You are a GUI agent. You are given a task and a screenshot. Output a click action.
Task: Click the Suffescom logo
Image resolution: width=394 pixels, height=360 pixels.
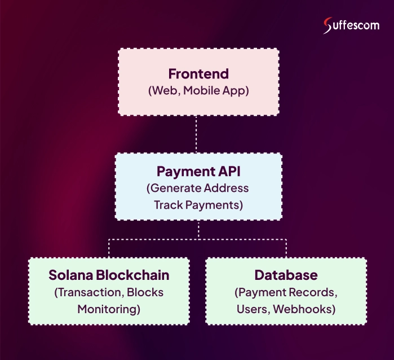pos(351,25)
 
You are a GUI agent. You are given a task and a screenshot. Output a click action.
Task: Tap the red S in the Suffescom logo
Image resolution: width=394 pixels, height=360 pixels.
pos(328,26)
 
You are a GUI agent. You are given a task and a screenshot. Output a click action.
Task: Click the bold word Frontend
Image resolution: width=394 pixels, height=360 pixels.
pos(198,74)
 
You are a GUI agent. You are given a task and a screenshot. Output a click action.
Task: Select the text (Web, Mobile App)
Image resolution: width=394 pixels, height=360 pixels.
pos(198,90)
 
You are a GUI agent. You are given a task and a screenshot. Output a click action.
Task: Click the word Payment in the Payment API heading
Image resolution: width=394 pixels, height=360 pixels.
pos(179,171)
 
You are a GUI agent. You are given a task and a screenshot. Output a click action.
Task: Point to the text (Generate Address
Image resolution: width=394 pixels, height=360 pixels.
pos(198,188)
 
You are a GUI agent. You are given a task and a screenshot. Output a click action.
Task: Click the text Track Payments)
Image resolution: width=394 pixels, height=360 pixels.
pos(198,204)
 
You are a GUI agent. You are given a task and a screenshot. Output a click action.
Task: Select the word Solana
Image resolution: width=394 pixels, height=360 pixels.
pos(70,275)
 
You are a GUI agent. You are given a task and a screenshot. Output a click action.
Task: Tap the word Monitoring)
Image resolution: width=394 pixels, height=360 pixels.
pos(109,309)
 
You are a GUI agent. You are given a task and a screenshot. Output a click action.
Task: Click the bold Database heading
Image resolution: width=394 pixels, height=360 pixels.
pos(286,275)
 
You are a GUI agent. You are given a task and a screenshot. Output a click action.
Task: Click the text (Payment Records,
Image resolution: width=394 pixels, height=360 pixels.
pos(286,292)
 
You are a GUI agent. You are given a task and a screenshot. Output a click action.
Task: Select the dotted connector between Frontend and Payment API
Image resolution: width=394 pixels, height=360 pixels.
pos(198,134)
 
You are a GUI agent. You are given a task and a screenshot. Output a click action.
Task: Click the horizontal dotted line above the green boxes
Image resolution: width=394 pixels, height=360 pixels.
pos(198,239)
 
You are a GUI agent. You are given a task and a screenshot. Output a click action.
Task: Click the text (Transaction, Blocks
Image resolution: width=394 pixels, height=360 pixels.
pos(109,292)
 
